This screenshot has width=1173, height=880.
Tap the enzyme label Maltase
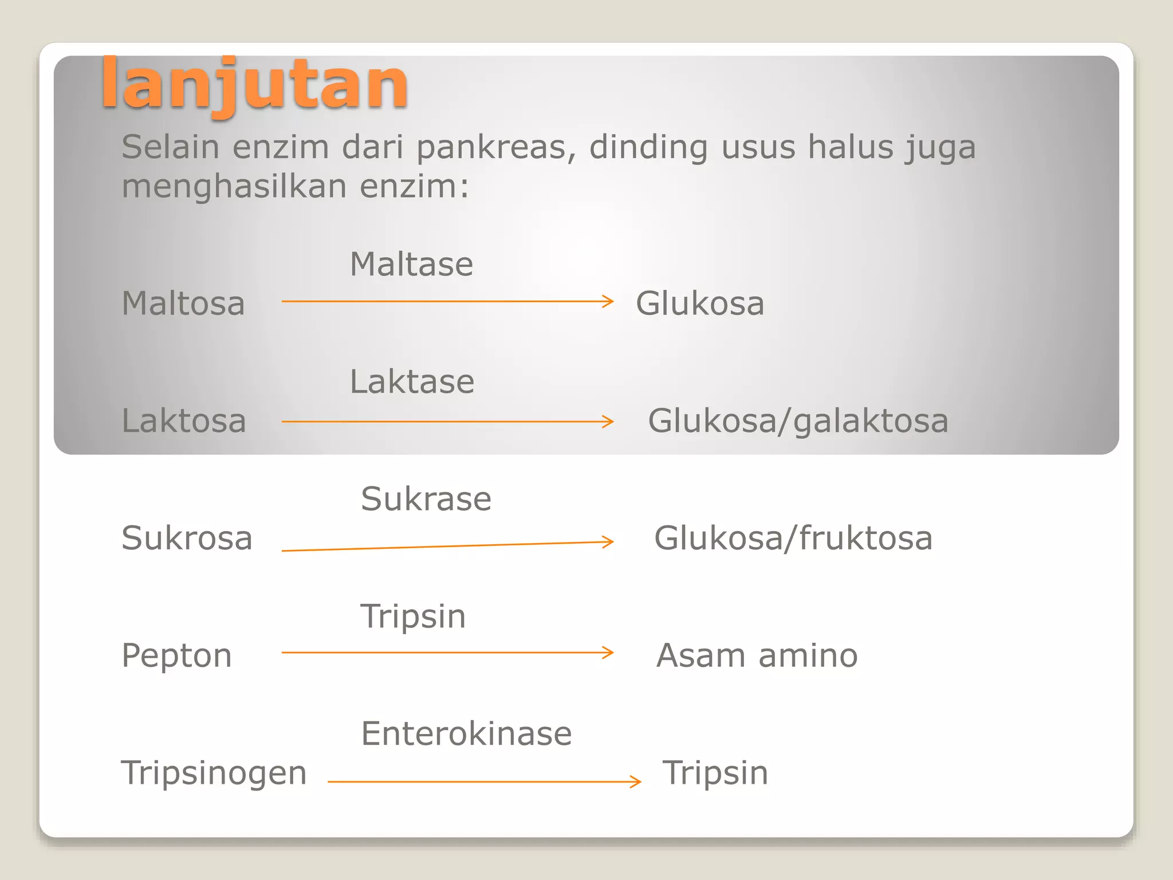pos(411,265)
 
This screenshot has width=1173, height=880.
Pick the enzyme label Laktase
pos(412,382)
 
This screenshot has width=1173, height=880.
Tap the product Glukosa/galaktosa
pos(798,421)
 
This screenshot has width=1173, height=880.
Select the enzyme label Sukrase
pos(426,499)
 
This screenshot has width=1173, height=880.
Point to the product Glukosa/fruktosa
pos(793,539)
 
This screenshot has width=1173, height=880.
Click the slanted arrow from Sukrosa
pos(447,546)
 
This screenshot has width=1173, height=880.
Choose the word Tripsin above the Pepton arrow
pos(412,617)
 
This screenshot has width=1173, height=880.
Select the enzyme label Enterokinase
pos(466,734)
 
